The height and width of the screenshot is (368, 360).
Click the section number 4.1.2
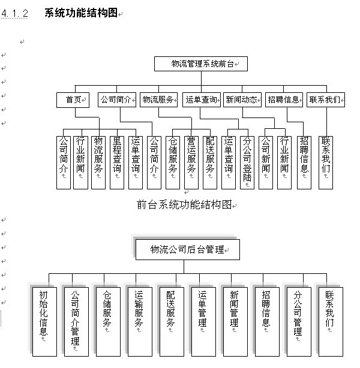pos(14,13)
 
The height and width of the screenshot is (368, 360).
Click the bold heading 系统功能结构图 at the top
pos(81,13)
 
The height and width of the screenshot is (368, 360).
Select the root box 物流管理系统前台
pos(201,64)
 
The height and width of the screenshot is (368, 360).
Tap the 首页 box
pos(73,100)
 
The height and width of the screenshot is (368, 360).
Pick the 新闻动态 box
pos(242,99)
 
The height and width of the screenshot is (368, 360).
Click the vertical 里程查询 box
pos(117,162)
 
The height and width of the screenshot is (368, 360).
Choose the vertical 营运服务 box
pos(191,162)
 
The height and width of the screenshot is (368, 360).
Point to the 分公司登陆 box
pos(247,162)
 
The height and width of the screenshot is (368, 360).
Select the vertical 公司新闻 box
pos(266,162)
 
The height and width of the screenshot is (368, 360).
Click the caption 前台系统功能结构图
pos(184,204)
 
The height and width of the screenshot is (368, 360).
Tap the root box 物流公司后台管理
pos(188,249)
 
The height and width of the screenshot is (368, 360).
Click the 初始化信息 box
pos(44,322)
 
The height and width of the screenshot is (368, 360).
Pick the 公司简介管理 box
pos(76,322)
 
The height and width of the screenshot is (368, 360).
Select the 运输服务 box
pos(140,322)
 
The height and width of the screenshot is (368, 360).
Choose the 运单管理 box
pos(203,322)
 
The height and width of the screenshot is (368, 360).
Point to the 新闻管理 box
pos(235,322)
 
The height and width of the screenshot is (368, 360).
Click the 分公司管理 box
pos(299,322)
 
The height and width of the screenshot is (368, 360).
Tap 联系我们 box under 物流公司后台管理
pos(331,322)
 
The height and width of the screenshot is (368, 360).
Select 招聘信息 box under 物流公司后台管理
pos(267,322)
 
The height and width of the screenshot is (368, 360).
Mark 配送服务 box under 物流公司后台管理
pos(172,322)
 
